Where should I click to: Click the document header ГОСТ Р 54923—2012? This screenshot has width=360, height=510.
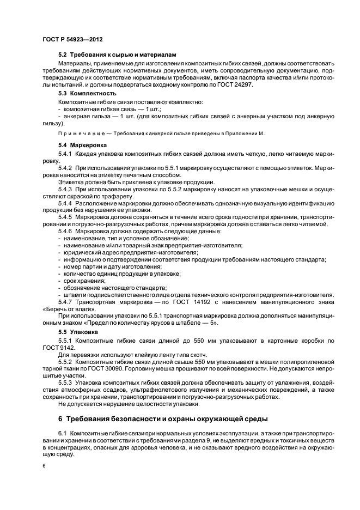(x=72, y=40)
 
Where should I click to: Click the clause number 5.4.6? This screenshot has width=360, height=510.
(x=66, y=232)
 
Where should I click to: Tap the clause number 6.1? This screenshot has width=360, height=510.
(x=63, y=433)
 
